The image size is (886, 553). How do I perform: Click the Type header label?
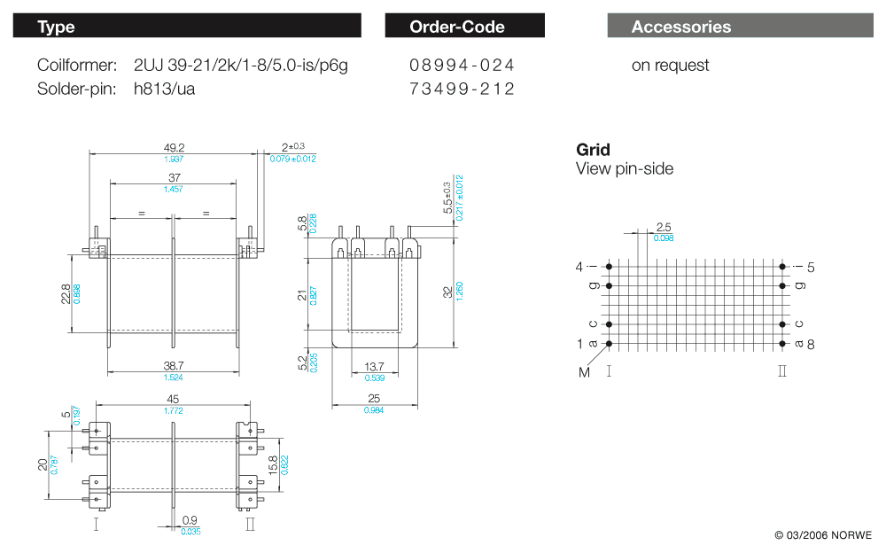point(56,27)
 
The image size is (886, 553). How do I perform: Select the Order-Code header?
point(457,27)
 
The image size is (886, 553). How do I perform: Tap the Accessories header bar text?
point(681,27)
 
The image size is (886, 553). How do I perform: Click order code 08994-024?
point(462,66)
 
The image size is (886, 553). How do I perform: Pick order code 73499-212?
point(462,89)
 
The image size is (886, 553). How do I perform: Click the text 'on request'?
point(670,66)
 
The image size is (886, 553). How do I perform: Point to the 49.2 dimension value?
point(174,147)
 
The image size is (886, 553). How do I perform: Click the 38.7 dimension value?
point(174,365)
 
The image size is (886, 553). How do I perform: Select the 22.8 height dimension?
point(67,293)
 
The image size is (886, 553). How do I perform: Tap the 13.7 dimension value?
point(375,366)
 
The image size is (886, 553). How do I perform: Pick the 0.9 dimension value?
point(190,520)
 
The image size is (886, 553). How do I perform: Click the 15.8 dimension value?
point(273,464)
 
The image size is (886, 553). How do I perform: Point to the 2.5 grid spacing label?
point(663,227)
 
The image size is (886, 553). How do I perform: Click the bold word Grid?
point(593,150)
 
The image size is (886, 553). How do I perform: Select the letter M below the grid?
point(584,372)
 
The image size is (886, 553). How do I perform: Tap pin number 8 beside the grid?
point(810,344)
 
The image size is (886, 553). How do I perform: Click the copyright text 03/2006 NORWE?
point(823,535)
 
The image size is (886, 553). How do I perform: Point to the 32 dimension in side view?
point(447,292)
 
